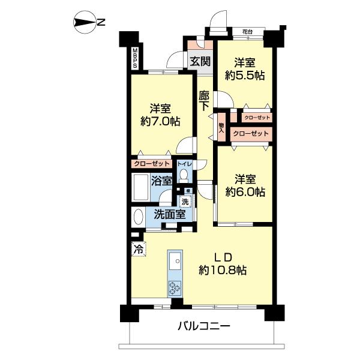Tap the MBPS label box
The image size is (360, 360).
click(x=135, y=58)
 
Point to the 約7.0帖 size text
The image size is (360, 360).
click(x=160, y=121)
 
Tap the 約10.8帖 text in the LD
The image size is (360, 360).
click(x=223, y=270)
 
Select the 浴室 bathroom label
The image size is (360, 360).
click(x=162, y=180)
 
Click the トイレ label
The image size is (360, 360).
click(x=184, y=163)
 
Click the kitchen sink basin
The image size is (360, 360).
click(x=175, y=261)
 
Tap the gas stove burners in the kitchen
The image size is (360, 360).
click(x=175, y=287)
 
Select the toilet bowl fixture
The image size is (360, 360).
click(x=184, y=175)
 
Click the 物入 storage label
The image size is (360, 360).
click(x=221, y=129)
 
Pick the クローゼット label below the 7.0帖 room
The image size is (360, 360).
click(x=152, y=163)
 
